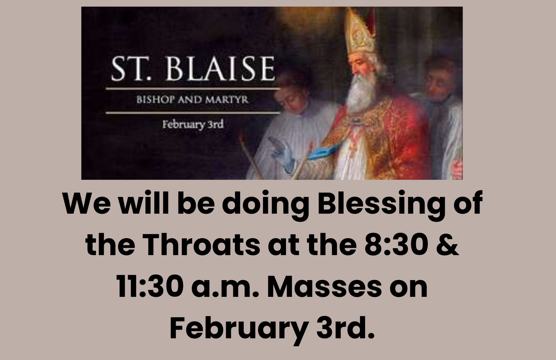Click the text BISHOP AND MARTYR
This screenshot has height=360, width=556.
pos(192,100)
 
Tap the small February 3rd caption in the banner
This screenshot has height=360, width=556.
pos(193,125)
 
